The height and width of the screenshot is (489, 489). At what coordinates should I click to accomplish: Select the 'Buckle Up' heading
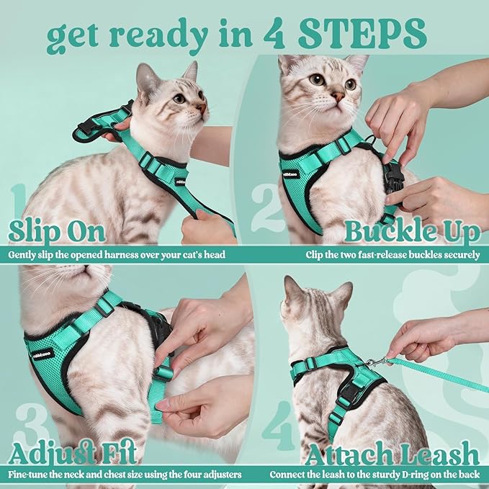(412, 232)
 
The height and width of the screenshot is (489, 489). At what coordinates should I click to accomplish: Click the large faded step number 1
(19, 205)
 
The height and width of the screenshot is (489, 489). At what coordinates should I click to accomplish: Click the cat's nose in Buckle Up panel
(337, 95)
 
